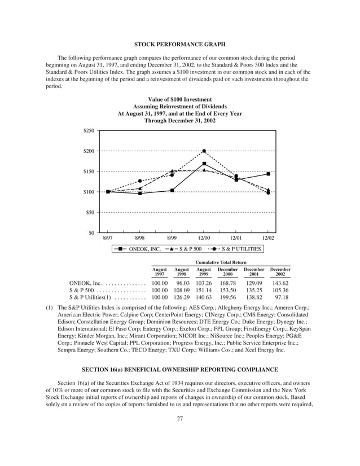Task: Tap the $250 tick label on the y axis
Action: tap(88, 131)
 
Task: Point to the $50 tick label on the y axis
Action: tap(89, 212)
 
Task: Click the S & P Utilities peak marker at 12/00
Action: tap(204, 151)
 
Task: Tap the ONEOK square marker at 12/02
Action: tap(268, 174)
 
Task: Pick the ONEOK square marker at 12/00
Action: tap(204, 164)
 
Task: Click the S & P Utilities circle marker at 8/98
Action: tap(140, 181)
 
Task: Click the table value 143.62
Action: tap(280, 282)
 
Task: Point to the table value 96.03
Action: tap(182, 282)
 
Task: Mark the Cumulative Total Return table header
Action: tap(221, 262)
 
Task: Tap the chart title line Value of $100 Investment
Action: tap(179, 99)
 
